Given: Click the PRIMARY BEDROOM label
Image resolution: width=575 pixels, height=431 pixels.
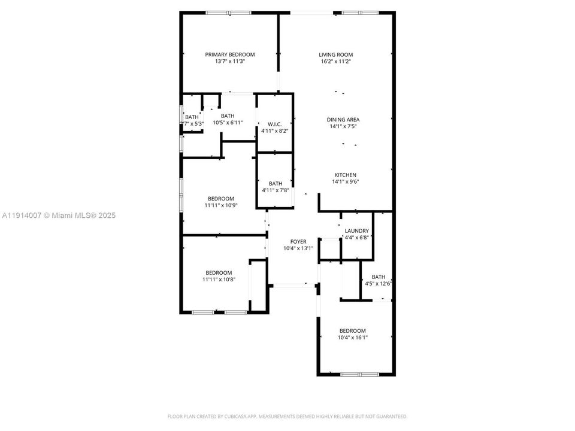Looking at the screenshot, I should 230,54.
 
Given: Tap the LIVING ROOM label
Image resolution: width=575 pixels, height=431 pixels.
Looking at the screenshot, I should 335,54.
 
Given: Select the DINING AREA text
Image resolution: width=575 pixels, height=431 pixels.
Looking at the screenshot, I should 343,119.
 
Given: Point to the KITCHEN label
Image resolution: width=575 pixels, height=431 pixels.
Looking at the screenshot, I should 345,175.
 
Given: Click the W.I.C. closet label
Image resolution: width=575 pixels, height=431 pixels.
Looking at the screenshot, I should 275,124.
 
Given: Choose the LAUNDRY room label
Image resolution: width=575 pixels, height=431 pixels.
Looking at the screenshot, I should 356,230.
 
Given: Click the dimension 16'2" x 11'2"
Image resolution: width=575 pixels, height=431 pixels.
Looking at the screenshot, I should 335,61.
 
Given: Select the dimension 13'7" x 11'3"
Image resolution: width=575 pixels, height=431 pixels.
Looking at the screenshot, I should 230,61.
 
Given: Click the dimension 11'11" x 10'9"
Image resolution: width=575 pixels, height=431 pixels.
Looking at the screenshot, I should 221,205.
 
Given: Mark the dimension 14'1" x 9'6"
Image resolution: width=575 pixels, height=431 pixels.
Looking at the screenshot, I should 345,182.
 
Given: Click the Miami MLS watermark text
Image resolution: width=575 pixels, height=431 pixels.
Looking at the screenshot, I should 59,215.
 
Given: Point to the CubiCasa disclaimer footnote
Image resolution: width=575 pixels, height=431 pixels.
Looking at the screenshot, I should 287,416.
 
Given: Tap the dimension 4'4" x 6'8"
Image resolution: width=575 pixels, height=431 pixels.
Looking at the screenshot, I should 356,237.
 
